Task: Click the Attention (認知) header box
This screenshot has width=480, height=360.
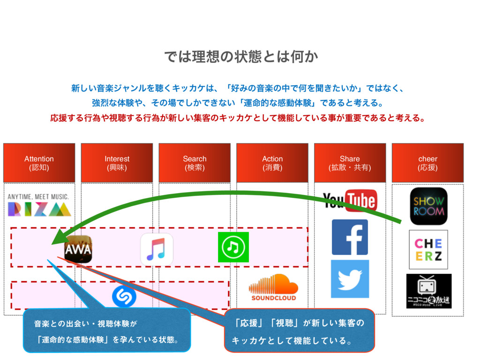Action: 39,163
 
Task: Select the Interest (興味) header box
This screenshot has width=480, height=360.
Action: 117,163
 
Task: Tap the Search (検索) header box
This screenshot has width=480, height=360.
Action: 195,163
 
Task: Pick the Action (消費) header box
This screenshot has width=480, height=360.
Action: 272,163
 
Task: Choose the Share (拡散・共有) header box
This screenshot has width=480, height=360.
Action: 350,163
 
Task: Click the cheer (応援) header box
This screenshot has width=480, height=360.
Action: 427,163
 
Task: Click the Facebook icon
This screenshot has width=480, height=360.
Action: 350,237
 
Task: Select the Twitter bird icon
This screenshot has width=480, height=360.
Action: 350,279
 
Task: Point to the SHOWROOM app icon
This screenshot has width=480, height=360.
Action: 428,206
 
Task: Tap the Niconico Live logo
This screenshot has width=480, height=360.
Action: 428,291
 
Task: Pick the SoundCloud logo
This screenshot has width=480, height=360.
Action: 273,287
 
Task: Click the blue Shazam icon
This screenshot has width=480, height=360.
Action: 124,297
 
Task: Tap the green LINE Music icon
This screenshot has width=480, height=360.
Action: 233,247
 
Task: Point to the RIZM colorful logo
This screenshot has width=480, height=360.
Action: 39,205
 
